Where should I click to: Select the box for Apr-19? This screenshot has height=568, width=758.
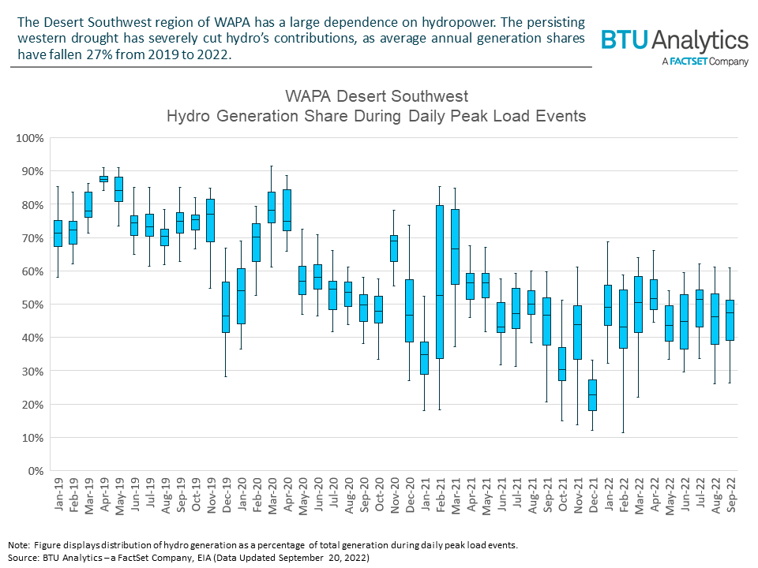(103, 179)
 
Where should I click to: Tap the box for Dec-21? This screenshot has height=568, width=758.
(593, 394)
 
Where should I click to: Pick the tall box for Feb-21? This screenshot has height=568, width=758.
(439, 282)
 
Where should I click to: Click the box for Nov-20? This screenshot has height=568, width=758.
(393, 248)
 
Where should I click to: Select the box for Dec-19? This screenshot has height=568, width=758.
(225, 307)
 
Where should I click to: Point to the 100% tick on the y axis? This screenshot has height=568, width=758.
(30, 138)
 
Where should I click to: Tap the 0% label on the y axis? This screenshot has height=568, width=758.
(36, 471)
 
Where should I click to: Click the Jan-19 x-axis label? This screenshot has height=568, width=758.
(58, 497)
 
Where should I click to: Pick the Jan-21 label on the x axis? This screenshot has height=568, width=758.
(424, 497)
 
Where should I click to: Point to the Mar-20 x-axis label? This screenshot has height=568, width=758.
(272, 497)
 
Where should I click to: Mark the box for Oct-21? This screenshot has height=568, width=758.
(562, 364)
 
